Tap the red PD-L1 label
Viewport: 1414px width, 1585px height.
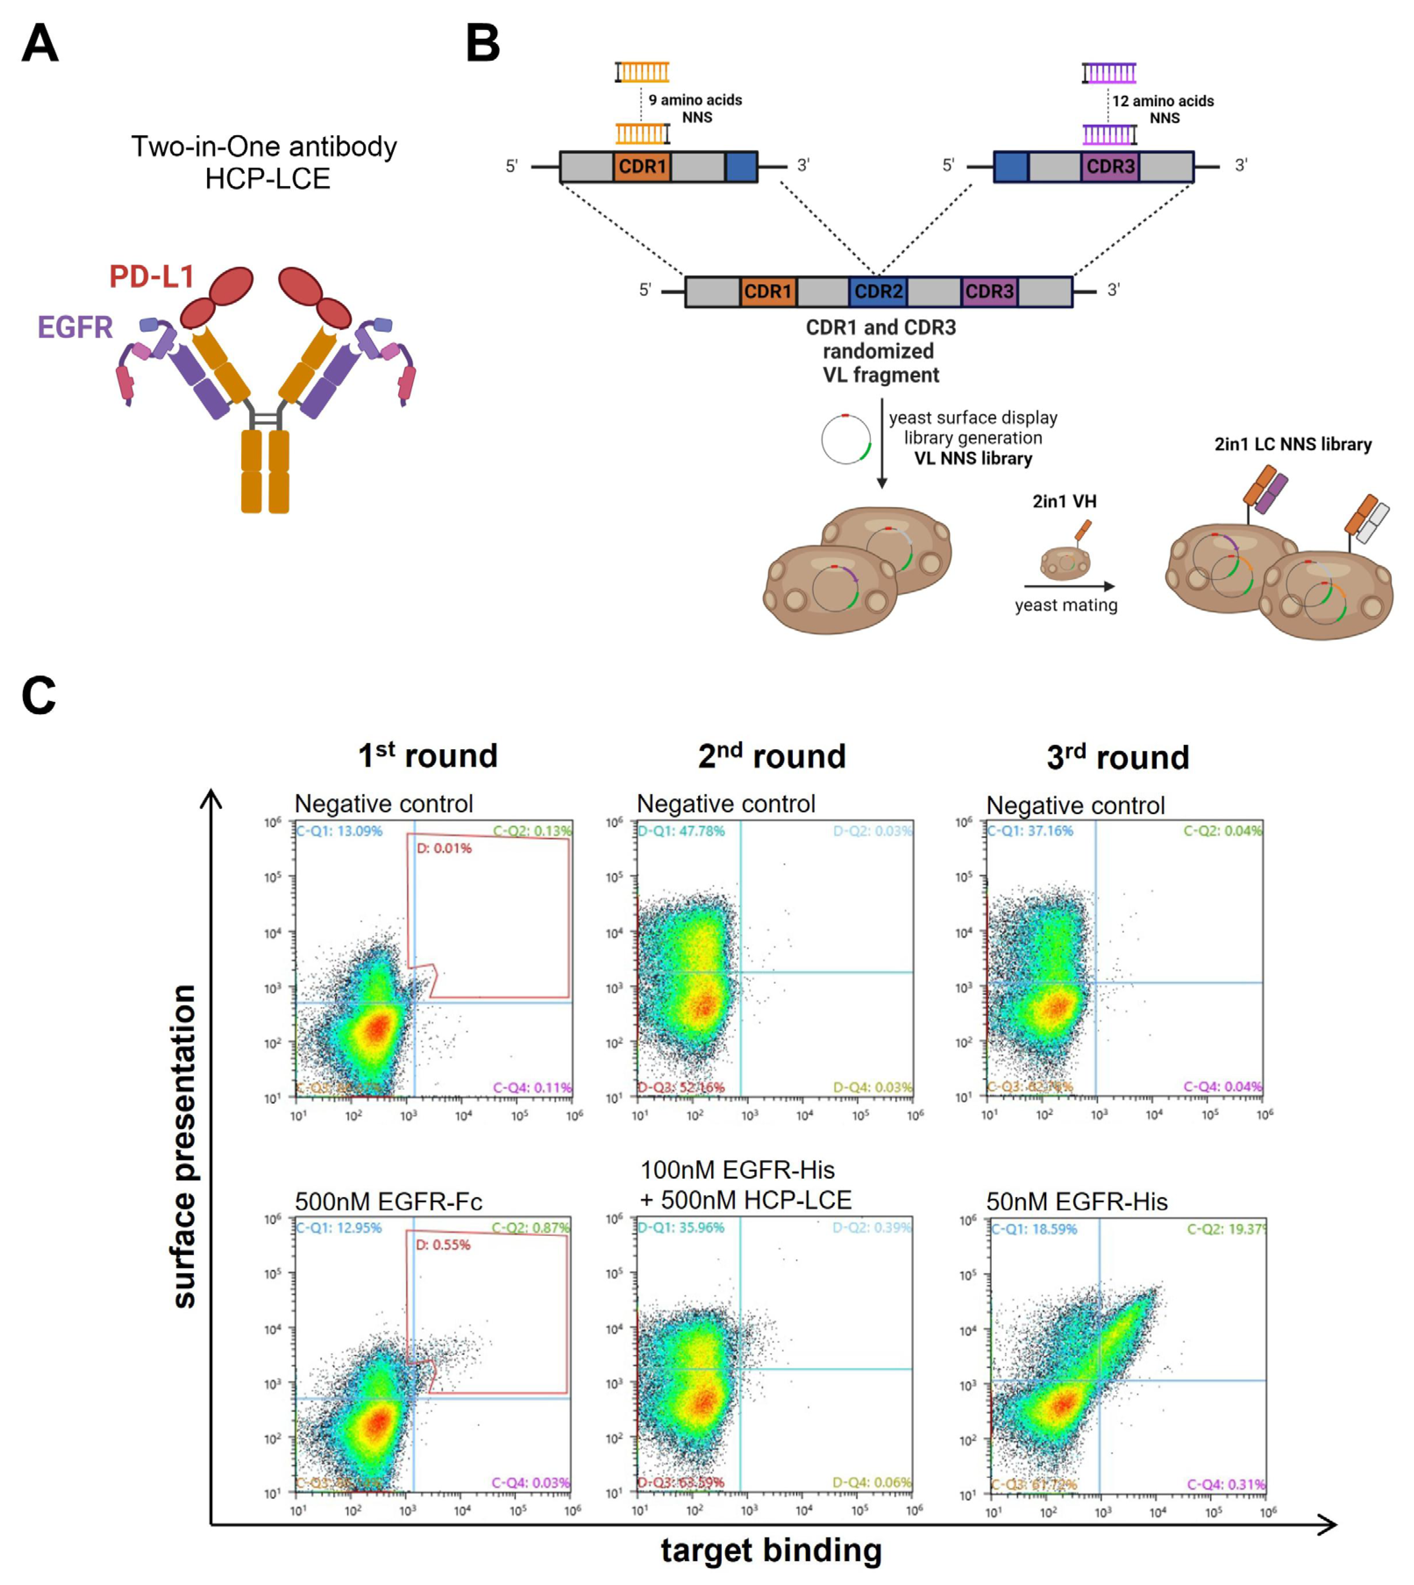(x=152, y=277)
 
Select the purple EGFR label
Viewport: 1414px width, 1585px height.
(x=75, y=327)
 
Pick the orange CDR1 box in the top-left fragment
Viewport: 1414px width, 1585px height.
(x=642, y=166)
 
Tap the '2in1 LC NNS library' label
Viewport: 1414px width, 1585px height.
(x=1293, y=444)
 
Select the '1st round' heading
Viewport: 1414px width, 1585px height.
(x=427, y=755)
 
